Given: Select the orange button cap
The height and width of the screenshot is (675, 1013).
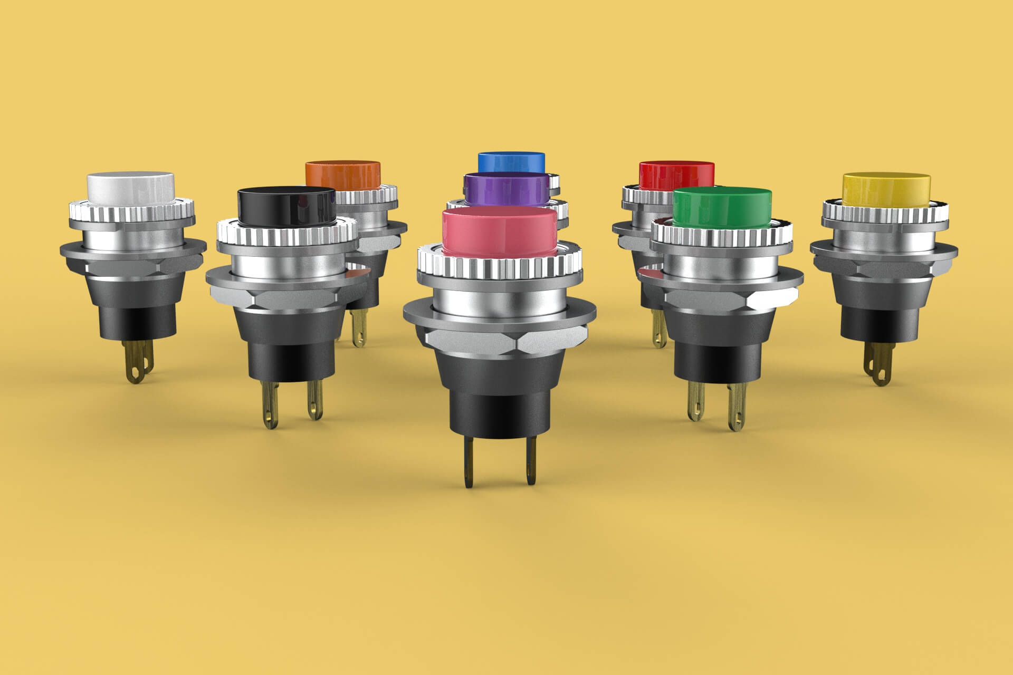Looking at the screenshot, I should pyautogui.click(x=343, y=174).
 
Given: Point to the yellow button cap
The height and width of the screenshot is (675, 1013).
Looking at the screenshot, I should pyautogui.click(x=878, y=187).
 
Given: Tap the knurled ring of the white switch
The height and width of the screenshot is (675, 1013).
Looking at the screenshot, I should pyautogui.click(x=132, y=214).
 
